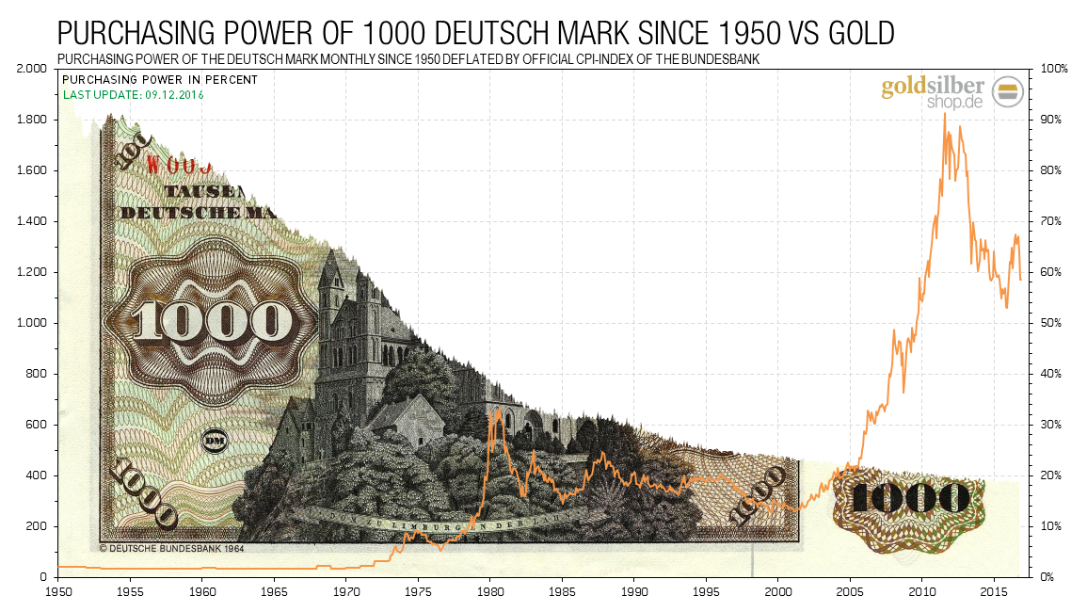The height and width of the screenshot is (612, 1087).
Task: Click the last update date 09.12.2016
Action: [x=174, y=95]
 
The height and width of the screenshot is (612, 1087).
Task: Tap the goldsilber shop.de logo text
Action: [x=932, y=94]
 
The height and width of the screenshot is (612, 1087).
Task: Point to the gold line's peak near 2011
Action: [x=944, y=114]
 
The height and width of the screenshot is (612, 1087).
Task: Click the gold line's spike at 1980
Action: [x=491, y=411]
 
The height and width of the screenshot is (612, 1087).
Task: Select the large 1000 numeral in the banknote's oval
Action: [x=213, y=321]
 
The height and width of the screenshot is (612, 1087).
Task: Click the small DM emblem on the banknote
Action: [x=214, y=440]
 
